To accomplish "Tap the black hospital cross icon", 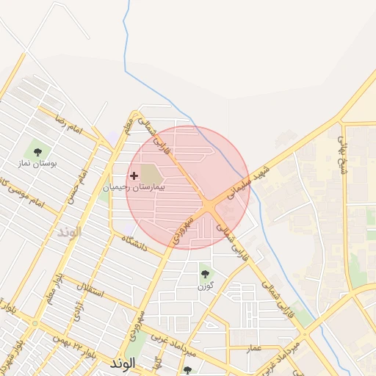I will pyautogui.click(x=134, y=176).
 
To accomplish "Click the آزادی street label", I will pyautogui.click(x=79, y=315).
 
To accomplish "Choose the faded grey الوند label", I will pyautogui.click(x=67, y=231).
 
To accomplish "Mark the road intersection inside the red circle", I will pyautogui.click(x=210, y=206).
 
